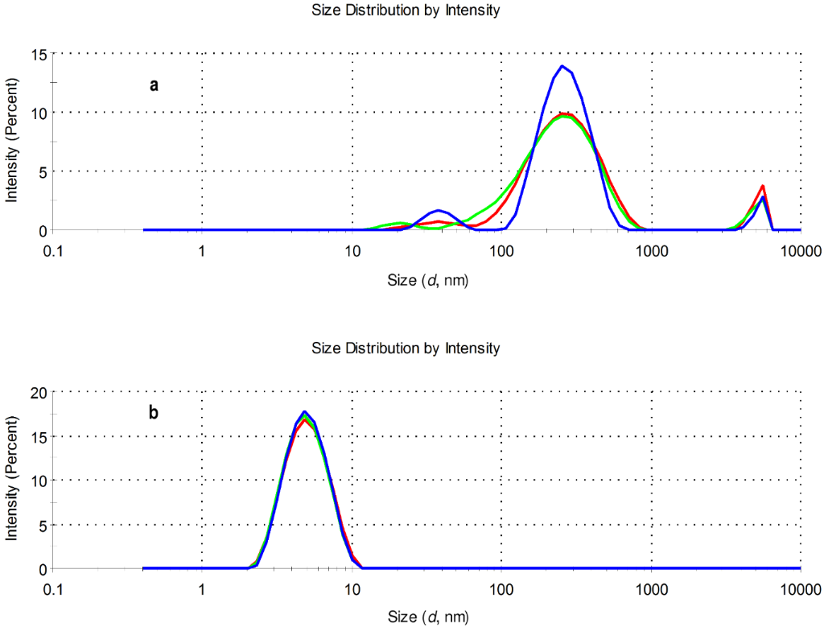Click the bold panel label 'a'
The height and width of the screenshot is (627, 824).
154,85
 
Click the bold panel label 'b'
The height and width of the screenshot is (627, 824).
154,414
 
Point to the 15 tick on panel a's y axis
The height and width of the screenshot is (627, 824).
38,54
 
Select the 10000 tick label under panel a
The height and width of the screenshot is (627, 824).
800,251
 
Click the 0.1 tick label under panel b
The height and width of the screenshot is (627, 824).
53,589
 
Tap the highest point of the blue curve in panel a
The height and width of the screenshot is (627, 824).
562,66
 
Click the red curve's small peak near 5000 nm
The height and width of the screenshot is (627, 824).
761,186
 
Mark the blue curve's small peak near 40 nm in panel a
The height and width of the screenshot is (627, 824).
438,210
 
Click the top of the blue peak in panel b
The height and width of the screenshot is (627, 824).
304,411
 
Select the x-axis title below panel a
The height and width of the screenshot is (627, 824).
427,281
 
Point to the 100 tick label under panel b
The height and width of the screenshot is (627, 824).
501,589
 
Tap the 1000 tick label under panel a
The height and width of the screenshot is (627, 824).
652,251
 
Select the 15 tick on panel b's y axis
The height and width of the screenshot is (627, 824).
38,436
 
